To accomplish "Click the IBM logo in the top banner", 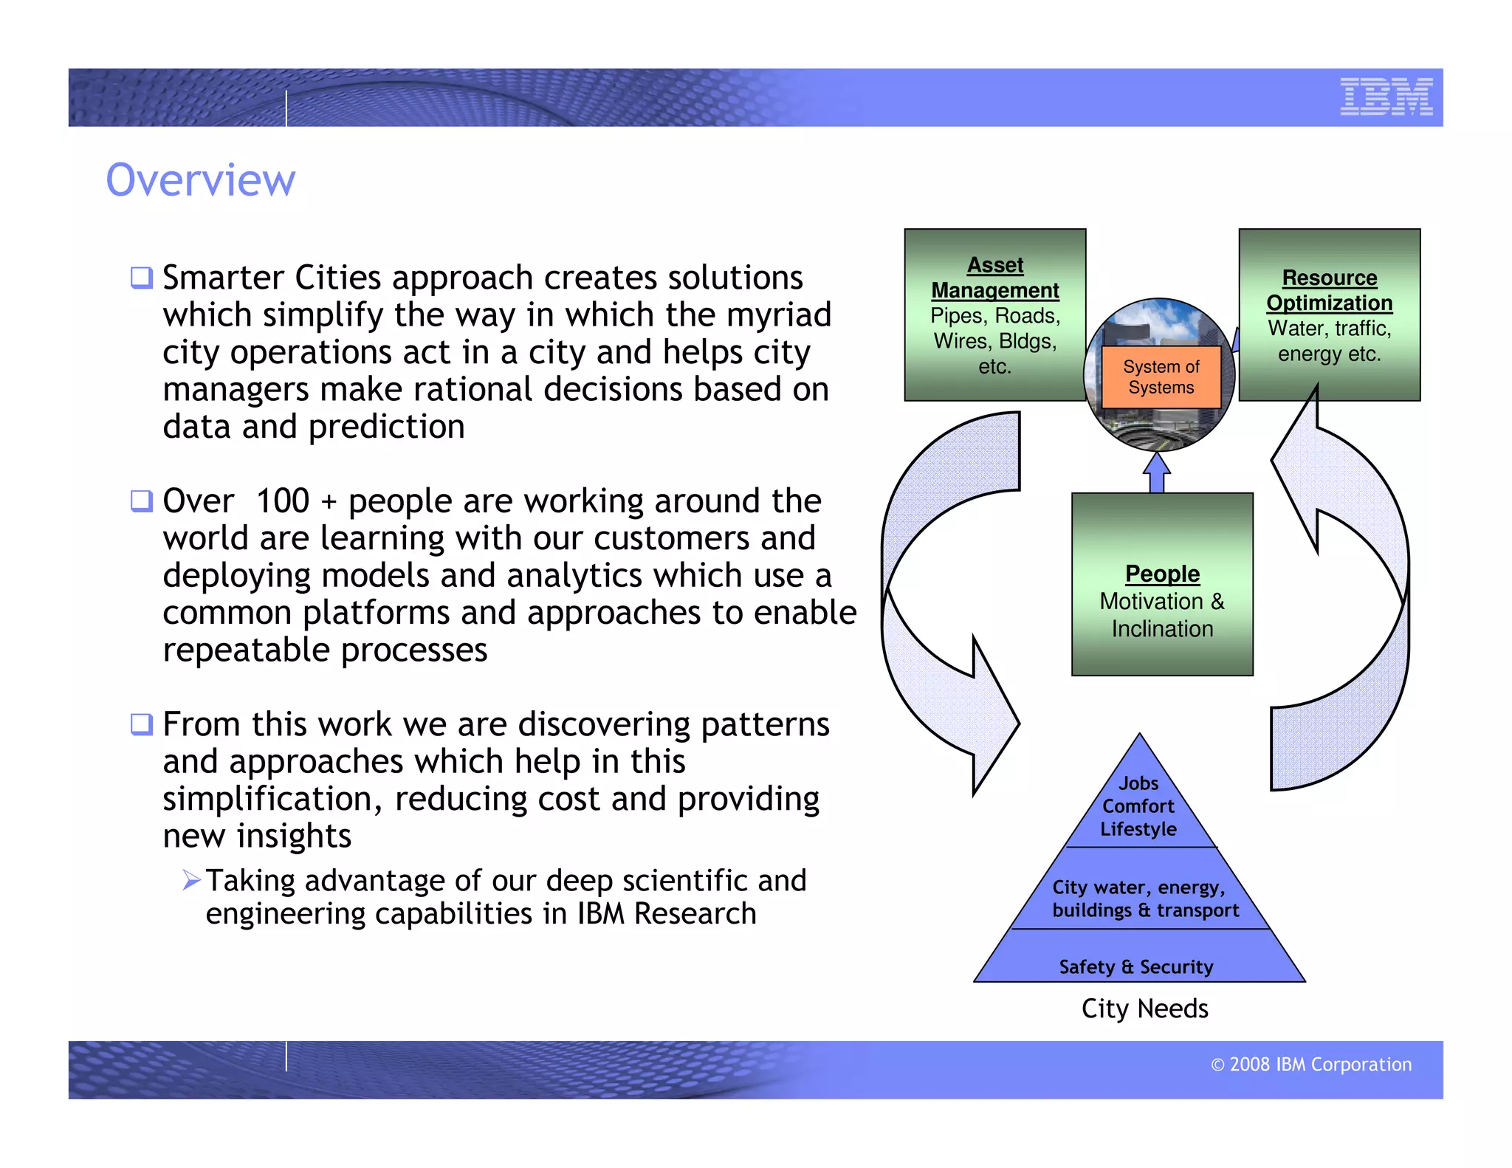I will (1386, 97).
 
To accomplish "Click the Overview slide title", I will (200, 180).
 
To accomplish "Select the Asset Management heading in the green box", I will (994, 278).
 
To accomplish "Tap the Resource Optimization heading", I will (1329, 290).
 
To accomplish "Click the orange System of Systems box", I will (1161, 377).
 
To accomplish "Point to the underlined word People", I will (1162, 574).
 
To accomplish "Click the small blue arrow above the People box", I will (1157, 473).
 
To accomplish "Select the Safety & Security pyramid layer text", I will (1135, 966).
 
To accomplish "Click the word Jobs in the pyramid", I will (1138, 783).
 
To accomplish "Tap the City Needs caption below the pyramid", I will (1144, 1009).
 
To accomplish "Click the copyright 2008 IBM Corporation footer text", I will (1311, 1064).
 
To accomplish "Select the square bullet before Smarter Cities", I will (141, 278).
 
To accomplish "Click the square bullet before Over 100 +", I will (141, 501).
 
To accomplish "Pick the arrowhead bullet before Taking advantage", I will (191, 880).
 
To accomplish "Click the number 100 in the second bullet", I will (283, 501).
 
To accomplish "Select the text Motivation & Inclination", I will (1162, 615).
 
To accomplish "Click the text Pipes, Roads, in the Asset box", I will (994, 316).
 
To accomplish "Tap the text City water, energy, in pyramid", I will (1138, 887).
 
